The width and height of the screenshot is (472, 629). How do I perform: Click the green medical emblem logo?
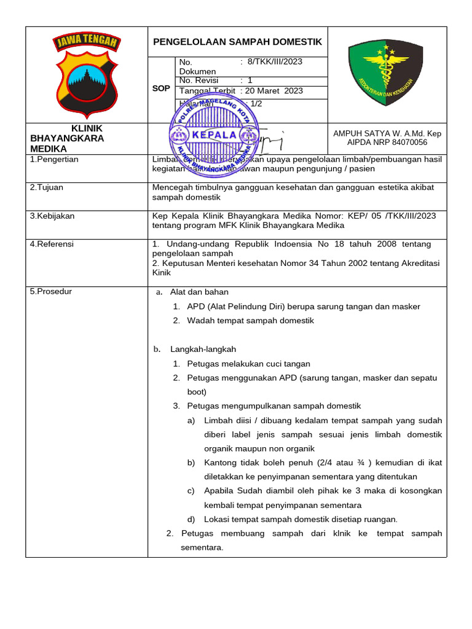pos(386,74)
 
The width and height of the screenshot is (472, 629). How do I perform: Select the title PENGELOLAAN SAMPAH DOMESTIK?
pos(237,42)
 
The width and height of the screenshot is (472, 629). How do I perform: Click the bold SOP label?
pos(161,88)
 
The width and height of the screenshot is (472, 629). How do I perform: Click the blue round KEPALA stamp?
pos(214,135)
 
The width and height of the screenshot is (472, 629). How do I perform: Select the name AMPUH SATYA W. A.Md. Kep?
pos(387,133)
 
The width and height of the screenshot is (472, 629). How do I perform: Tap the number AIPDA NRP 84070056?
pos(387,142)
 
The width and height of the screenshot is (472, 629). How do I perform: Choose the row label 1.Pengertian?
pos(54,159)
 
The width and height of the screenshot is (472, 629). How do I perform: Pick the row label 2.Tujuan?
pos(46,187)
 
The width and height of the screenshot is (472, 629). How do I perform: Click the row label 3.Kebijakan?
pos(52,216)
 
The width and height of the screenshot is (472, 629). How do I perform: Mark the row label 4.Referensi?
pos(52,244)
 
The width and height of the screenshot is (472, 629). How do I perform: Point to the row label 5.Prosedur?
pos(51,291)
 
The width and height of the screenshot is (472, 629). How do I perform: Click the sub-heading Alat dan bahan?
pos(199,292)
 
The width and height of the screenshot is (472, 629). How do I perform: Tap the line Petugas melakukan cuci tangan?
pos(248,364)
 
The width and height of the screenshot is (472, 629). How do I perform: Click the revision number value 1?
pos(250,80)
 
